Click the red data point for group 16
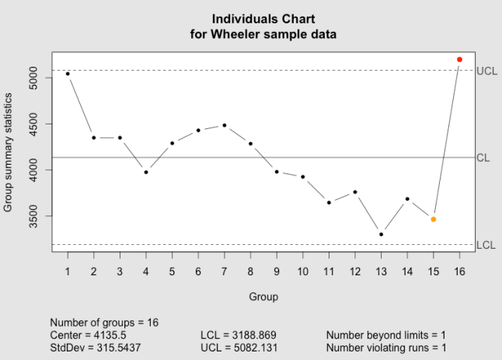459,59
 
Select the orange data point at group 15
434,219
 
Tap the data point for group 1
68,74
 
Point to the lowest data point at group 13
381,234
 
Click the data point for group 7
225,125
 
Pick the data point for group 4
146,172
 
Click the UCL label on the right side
486,71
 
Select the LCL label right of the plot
486,245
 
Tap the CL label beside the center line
483,158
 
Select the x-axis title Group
263,296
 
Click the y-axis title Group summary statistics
9,152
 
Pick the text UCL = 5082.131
239,348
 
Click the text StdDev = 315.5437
95,348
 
